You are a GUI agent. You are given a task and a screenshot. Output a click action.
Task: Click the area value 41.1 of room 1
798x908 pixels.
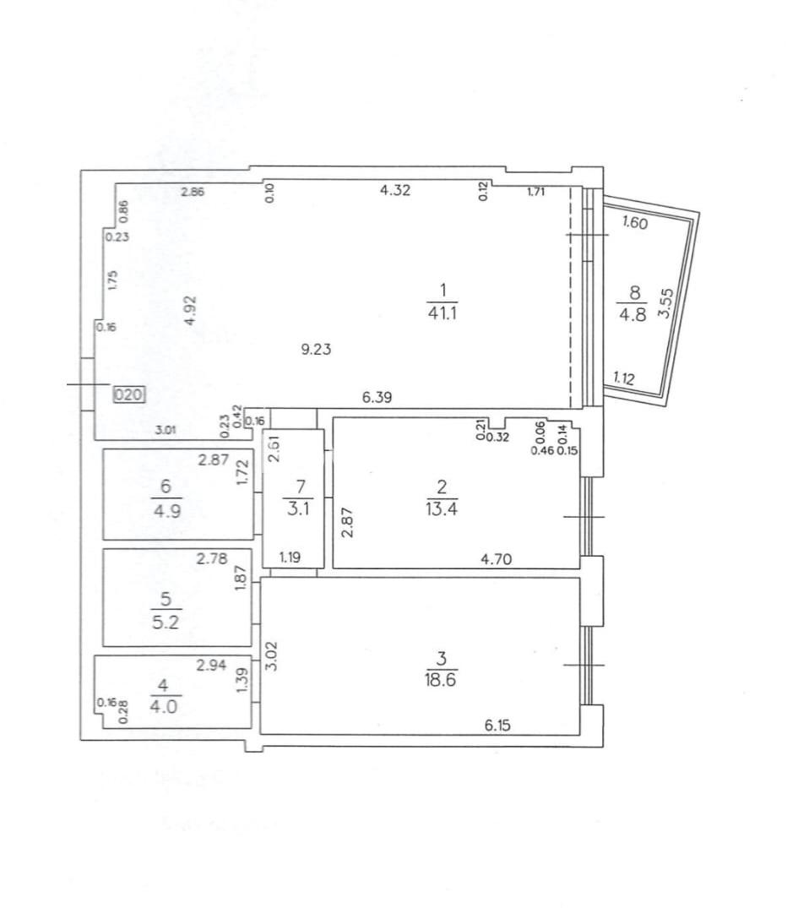tap(442, 314)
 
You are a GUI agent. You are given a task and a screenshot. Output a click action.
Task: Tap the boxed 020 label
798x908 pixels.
tap(128, 395)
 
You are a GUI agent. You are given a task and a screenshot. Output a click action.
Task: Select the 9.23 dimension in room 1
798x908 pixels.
tap(316, 349)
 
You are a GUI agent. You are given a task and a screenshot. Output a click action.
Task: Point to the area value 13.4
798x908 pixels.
tap(442, 509)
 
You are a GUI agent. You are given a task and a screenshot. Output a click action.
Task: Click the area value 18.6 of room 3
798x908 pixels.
tap(440, 679)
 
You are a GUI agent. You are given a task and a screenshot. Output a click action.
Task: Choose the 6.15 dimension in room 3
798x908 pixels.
tap(497, 725)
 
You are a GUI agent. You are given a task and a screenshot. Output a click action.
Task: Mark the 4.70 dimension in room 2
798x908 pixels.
tap(497, 559)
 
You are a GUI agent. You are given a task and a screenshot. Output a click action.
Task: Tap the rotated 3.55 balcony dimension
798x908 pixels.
tap(666, 303)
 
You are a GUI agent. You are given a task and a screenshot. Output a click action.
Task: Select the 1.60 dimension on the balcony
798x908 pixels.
tap(635, 222)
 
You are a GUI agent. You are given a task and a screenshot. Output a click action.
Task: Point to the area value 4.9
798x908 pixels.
tap(167, 511)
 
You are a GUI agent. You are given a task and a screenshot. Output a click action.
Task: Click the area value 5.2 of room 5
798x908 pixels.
tap(166, 623)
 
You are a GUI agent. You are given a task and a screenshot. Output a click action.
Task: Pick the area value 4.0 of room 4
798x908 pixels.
tap(164, 706)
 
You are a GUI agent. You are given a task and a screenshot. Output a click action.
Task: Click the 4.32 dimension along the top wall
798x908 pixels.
tap(395, 190)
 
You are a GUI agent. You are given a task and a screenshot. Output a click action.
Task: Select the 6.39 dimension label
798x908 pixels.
tap(377, 397)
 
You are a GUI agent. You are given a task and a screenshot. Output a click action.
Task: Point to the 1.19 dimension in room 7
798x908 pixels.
tap(290, 557)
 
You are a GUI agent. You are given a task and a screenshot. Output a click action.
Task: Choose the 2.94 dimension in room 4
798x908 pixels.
tap(211, 666)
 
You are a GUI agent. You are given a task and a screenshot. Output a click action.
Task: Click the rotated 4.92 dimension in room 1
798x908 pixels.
tap(191, 311)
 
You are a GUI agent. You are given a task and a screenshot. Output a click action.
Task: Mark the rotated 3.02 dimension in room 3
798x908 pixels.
tap(272, 655)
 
